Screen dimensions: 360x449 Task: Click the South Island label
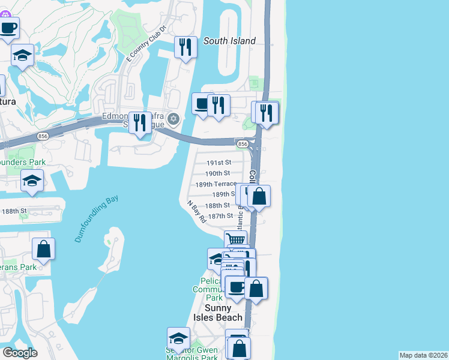229,41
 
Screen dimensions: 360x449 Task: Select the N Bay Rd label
196,212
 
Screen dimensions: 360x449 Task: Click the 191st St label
218,163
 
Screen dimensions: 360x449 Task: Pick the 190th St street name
217,173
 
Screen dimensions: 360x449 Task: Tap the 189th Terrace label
216,184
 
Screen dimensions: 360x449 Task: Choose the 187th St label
220,216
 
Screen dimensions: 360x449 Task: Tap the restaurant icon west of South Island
185,47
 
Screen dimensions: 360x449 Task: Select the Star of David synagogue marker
173,119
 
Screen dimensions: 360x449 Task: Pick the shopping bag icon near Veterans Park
43,248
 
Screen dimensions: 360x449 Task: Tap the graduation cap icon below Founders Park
32,181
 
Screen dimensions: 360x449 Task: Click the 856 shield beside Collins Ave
242,145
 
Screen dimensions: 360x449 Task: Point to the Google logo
20,353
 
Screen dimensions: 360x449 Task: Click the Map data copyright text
423,355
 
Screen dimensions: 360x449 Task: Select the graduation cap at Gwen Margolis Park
178,338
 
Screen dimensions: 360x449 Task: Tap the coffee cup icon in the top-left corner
9,28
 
